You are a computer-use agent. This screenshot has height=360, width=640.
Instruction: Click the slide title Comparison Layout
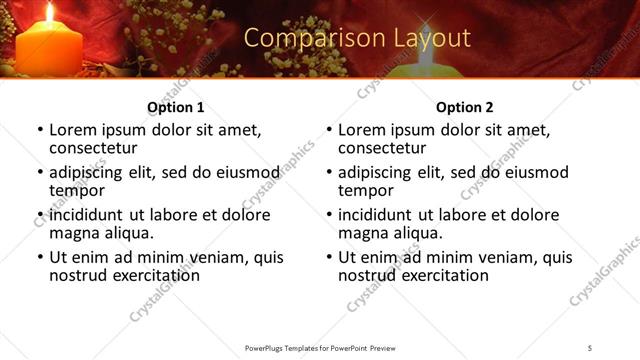click(357, 38)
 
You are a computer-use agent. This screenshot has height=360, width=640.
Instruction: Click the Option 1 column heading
click(175, 107)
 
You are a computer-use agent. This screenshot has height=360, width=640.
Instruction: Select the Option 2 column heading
click(464, 107)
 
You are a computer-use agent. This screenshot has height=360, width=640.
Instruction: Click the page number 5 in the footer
click(590, 347)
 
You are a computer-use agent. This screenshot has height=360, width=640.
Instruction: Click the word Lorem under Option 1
click(73, 130)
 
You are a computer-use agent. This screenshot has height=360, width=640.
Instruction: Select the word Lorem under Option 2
click(362, 130)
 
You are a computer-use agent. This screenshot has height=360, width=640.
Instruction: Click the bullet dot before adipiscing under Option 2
click(329, 173)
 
